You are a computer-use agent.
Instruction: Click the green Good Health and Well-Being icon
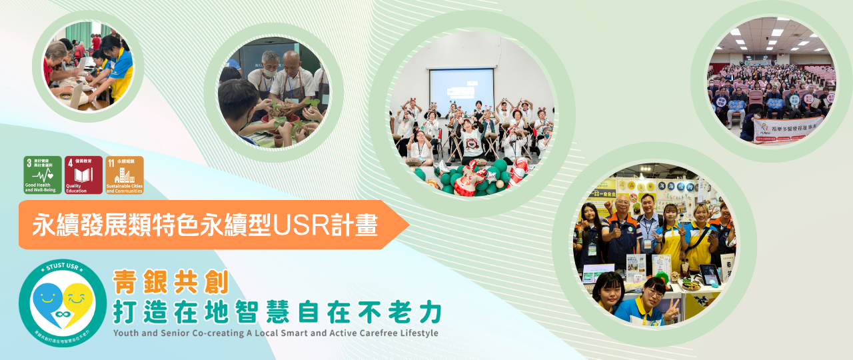point(43,175)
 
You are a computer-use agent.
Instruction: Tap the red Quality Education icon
point(83,175)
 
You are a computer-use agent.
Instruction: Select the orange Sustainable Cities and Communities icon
point(125,175)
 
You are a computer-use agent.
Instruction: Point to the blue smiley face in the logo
point(48,301)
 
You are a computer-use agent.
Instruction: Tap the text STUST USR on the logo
point(62,269)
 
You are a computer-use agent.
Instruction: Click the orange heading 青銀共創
point(171,283)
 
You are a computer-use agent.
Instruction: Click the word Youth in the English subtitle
point(127,332)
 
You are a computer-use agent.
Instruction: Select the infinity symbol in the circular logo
point(63,313)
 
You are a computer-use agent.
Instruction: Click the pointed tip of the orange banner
point(408,225)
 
